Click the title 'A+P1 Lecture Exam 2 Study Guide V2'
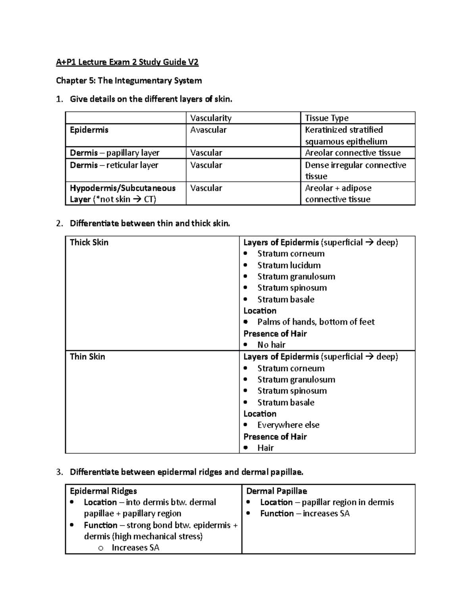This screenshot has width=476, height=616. coord(127,62)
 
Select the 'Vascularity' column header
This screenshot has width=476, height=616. coord(211,118)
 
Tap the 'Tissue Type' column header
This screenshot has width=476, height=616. coord(326,118)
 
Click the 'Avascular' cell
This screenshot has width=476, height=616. coord(208,130)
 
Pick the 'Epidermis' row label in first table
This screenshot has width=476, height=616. coord(89,130)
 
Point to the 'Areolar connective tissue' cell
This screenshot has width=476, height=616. coord(353,153)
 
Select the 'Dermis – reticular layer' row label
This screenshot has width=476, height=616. coord(114,165)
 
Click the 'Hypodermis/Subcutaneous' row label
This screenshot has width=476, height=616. coord(122,188)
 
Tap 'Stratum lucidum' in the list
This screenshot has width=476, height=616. coord(289,265)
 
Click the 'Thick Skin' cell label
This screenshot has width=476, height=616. coord(89,242)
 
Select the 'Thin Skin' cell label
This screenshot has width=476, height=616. coord(87,357)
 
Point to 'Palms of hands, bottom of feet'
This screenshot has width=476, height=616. coord(316,322)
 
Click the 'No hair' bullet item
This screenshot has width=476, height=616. coord(271,345)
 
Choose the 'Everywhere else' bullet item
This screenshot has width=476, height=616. coord(288,425)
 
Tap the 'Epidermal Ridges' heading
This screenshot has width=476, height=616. coord(103,491)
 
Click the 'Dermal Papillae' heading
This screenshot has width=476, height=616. coord(276,491)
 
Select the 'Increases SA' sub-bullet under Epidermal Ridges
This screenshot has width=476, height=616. coord(135,547)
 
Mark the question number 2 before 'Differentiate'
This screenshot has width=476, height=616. coord(59,223)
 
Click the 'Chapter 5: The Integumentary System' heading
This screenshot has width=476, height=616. coord(129,81)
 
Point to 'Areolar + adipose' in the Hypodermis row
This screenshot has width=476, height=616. coord(338,188)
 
